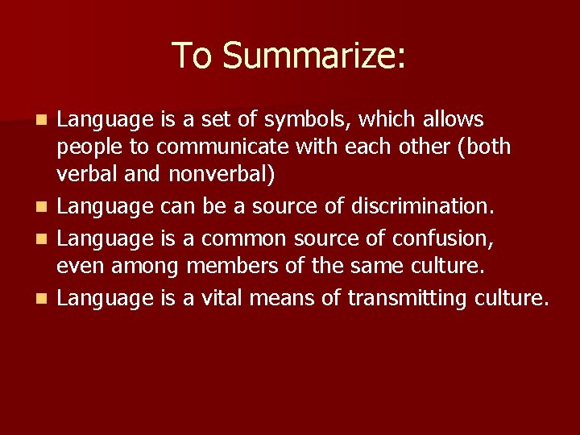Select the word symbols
309,120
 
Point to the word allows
445,120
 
